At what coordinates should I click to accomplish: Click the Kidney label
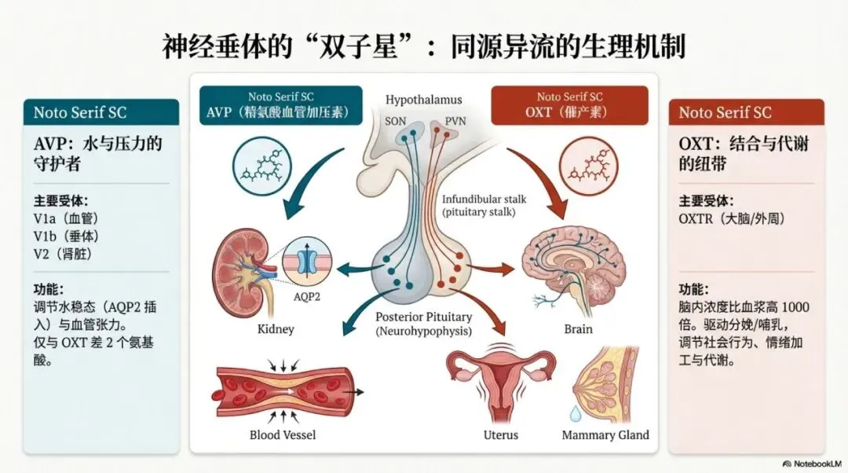(275, 328)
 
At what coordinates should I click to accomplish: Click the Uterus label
(501, 434)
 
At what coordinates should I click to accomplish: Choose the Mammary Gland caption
(605, 434)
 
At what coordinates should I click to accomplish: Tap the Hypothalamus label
(423, 100)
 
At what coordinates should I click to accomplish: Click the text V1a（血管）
(66, 218)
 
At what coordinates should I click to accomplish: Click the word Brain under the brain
(578, 328)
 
